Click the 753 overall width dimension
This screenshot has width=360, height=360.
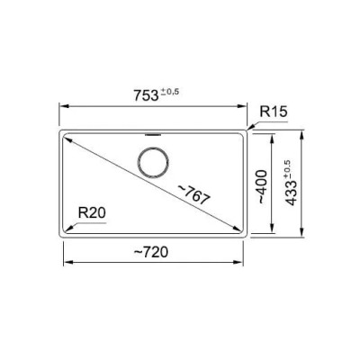tap(146, 95)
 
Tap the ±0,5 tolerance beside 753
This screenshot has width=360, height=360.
tap(170, 92)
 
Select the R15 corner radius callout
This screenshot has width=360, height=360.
tap(274, 112)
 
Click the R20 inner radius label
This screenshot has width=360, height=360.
tap(92, 212)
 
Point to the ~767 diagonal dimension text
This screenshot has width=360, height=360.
tap(193, 195)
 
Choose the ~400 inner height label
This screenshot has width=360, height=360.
tap(261, 186)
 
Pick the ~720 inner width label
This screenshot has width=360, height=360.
tap(151, 252)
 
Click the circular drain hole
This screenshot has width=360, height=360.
tap(153, 163)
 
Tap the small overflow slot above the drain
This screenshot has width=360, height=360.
tap(153, 135)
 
